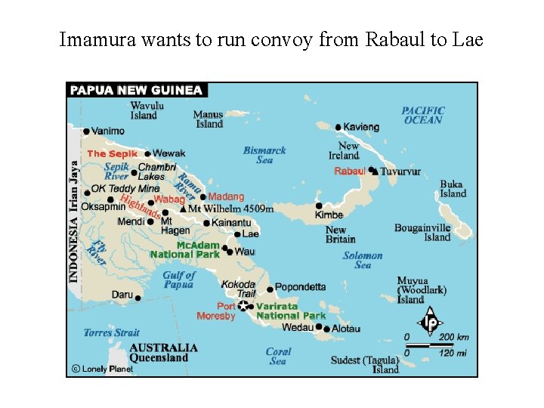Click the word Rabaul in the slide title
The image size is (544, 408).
click(395, 39)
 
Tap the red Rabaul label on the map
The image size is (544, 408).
click(350, 172)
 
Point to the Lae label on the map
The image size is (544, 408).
click(250, 234)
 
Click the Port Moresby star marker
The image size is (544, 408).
click(243, 306)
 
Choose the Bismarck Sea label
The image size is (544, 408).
click(264, 155)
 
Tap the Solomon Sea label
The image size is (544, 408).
click(363, 261)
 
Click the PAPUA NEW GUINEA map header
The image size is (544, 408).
click(136, 90)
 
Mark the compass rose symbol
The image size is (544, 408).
click(429, 320)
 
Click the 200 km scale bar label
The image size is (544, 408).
click(453, 337)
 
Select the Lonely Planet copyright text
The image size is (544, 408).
click(101, 369)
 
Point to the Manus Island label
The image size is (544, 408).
click(208, 119)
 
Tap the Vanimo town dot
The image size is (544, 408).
click(87, 131)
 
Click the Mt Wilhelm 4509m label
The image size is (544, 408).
click(230, 209)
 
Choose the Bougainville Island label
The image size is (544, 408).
click(422, 233)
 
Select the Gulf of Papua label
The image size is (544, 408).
click(179, 280)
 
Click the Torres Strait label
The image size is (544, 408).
click(111, 332)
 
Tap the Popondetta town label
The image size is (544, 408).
click(301, 287)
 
